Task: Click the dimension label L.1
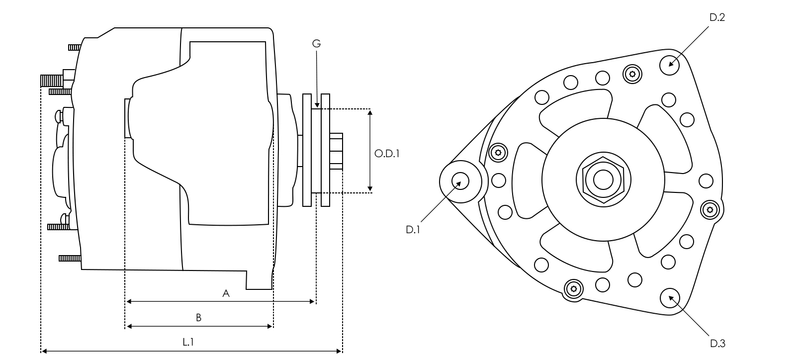(x=187, y=342)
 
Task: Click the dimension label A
(x=226, y=293)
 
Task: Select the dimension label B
(x=198, y=318)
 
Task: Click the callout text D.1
(x=413, y=230)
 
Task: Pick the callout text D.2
(x=716, y=19)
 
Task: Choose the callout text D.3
(x=716, y=343)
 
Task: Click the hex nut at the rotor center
(x=602, y=180)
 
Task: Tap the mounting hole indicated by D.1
(x=460, y=181)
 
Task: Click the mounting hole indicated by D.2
(x=669, y=63)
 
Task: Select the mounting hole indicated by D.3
(x=669, y=297)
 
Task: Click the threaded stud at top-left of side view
(x=49, y=79)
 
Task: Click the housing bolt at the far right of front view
(x=710, y=209)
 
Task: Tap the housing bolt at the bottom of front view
(x=573, y=289)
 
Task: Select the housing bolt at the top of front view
(x=632, y=72)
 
